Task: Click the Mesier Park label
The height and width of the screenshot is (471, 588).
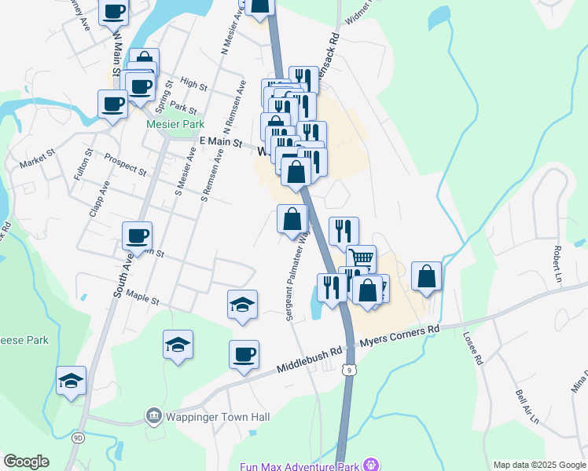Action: coord(175,124)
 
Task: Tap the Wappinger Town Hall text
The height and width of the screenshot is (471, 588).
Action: coord(209,416)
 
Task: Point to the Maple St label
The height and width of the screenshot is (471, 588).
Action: coord(142,299)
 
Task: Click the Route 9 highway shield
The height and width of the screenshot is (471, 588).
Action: coord(350,367)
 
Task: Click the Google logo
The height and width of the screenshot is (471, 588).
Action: coord(26,462)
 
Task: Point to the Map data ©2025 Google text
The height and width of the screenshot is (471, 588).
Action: coord(538,465)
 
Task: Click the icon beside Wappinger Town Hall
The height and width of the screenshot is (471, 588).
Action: coord(153,415)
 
